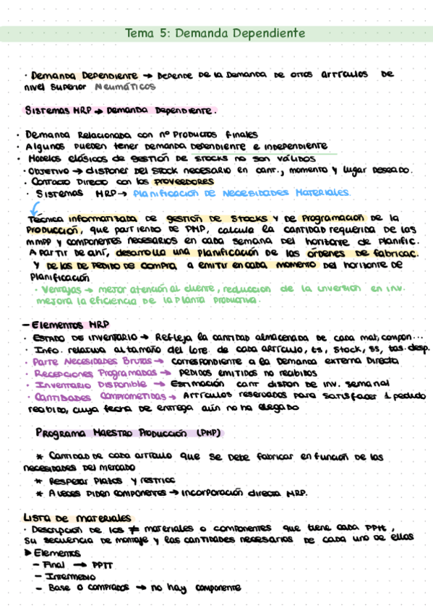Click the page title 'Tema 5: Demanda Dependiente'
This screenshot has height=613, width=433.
click(215, 33)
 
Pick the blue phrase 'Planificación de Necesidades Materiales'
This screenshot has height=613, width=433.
click(241, 193)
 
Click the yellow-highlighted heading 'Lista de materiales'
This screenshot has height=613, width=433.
click(77, 518)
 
